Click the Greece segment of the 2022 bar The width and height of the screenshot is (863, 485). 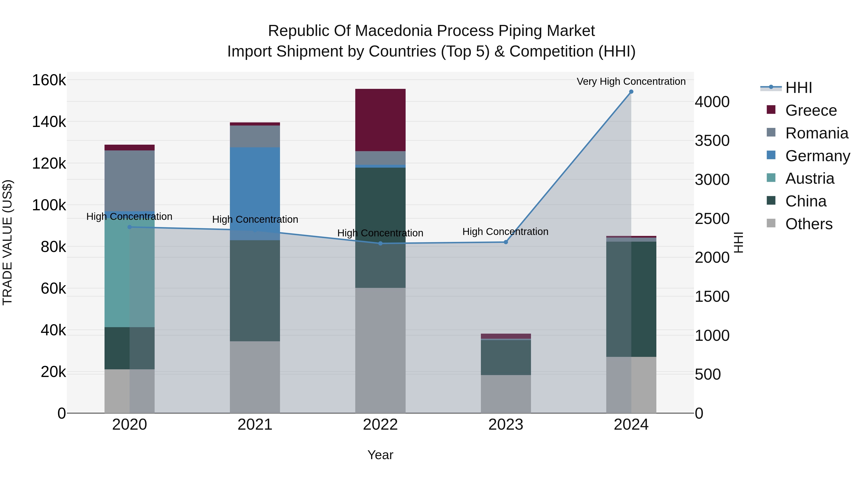[x=380, y=120]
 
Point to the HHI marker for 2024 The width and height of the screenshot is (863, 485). [x=631, y=92]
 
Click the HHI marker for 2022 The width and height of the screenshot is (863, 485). [x=380, y=243]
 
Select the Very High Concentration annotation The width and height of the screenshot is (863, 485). [x=631, y=81]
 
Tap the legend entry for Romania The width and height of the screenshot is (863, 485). [x=816, y=133]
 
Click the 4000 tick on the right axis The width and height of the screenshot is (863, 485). [x=712, y=102]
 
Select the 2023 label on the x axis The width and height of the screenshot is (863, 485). [x=506, y=425]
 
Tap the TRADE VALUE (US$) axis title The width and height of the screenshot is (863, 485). [x=8, y=242]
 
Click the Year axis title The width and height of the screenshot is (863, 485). [x=380, y=455]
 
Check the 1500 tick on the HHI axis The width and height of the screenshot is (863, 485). [x=712, y=297]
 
